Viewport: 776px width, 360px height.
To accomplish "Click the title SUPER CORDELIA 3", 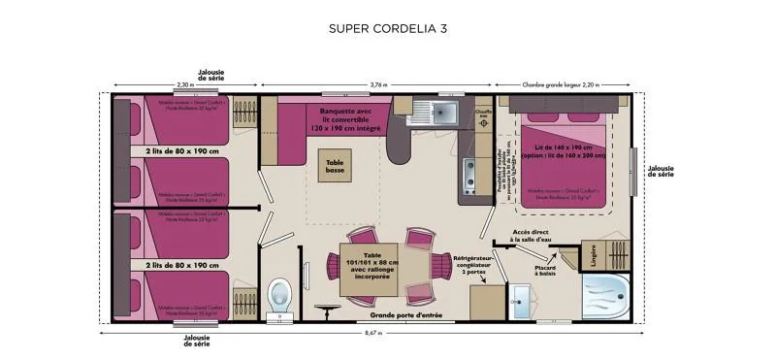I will click(x=388, y=28).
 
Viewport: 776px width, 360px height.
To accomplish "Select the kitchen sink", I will click(x=441, y=113).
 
